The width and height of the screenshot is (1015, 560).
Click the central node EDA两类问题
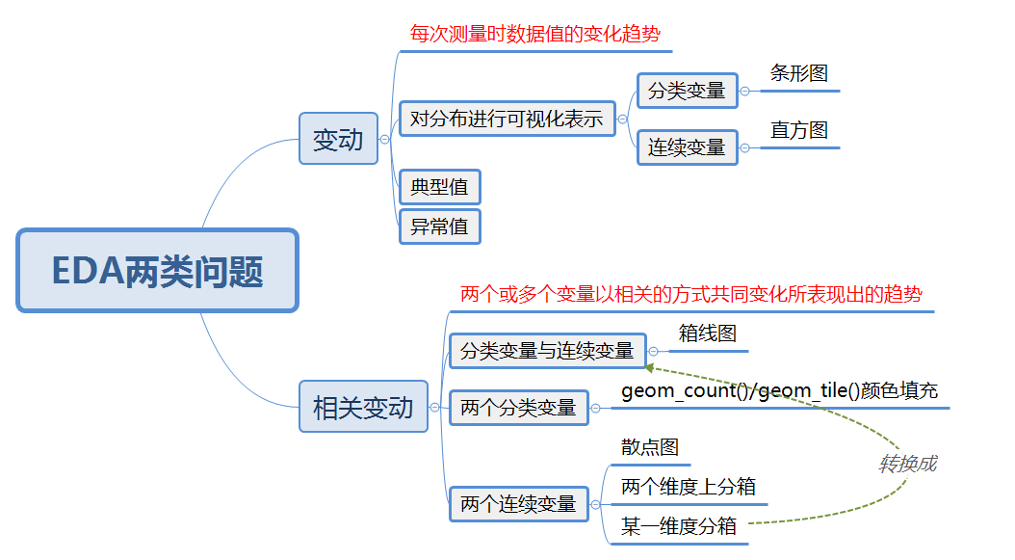(x=157, y=270)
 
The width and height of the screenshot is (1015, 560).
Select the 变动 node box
(x=338, y=139)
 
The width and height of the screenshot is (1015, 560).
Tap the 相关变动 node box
(x=363, y=407)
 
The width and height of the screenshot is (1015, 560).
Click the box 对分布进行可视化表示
(x=507, y=119)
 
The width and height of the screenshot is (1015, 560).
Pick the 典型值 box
(x=439, y=187)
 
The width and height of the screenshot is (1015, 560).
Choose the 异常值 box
(x=439, y=227)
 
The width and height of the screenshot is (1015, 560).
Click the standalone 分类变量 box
(x=687, y=91)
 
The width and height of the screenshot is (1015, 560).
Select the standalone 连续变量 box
(x=687, y=147)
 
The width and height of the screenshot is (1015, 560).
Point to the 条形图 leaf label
(x=798, y=73)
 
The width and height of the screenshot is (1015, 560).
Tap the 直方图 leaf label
(x=798, y=130)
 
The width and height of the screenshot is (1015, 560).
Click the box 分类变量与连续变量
(x=548, y=351)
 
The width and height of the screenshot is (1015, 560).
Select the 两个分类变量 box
(x=518, y=408)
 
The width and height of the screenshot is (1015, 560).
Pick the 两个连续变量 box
(x=518, y=503)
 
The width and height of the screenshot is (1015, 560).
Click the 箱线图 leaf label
(x=708, y=333)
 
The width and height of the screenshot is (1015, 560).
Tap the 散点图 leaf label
(x=650, y=447)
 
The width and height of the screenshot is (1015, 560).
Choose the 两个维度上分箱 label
(x=689, y=487)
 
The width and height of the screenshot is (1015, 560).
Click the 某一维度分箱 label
(x=678, y=525)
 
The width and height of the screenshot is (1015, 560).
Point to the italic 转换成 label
(x=907, y=464)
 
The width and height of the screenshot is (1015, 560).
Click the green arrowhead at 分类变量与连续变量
(x=649, y=368)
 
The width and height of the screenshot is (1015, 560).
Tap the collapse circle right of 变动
(x=384, y=140)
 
